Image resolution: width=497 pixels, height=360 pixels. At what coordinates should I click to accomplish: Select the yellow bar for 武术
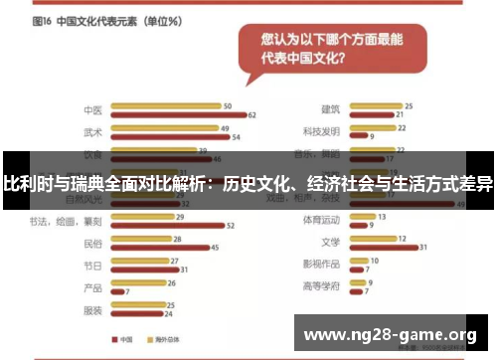[163, 127]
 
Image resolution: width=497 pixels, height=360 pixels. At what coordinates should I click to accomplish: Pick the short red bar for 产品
[116, 291]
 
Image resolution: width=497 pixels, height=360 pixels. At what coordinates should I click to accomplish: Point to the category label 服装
[92, 310]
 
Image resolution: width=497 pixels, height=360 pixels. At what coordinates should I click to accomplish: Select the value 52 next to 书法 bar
[231, 226]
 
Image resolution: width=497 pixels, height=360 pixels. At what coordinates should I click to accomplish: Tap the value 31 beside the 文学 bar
[423, 247]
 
